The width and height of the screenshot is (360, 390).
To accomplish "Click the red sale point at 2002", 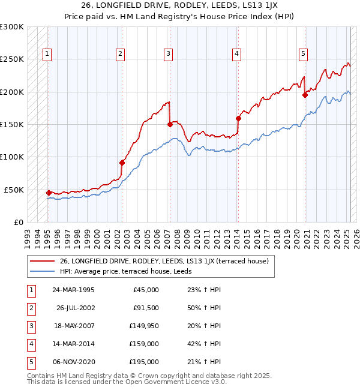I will coord(122,163).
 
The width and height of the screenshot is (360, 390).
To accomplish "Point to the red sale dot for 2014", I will coord(238,118).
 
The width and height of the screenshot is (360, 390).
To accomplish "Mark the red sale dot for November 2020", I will coord(305,95).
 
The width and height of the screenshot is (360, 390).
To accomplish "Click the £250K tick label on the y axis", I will coord(12,59).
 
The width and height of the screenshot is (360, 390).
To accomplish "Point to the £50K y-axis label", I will coord(14,190).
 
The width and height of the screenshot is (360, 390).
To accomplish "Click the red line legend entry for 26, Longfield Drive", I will coord(167,261).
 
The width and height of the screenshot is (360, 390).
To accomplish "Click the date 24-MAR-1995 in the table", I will coord(74,290).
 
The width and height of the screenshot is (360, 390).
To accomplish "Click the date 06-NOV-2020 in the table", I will coord(74,362).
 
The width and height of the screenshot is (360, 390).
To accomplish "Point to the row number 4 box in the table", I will coord(31,344).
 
